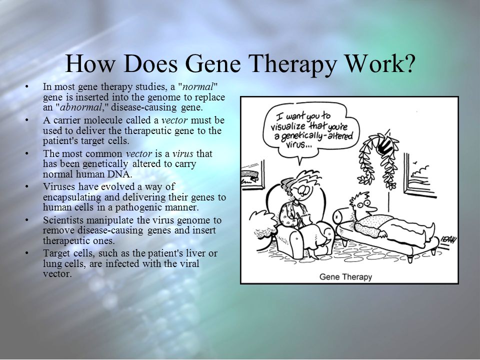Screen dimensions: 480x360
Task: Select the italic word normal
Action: pyautogui.click(x=197, y=87)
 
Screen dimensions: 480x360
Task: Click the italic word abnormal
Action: pyautogui.click(x=81, y=107)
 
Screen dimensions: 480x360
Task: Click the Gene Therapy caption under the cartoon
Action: pyautogui.click(x=345, y=276)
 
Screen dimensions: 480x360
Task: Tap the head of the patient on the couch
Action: pyautogui.click(x=363, y=204)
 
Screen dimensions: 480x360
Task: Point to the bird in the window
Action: pyautogui.click(x=415, y=162)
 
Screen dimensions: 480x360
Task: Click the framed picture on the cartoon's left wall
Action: pyautogui.click(x=253, y=175)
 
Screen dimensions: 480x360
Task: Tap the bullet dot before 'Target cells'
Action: pyautogui.click(x=27, y=253)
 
